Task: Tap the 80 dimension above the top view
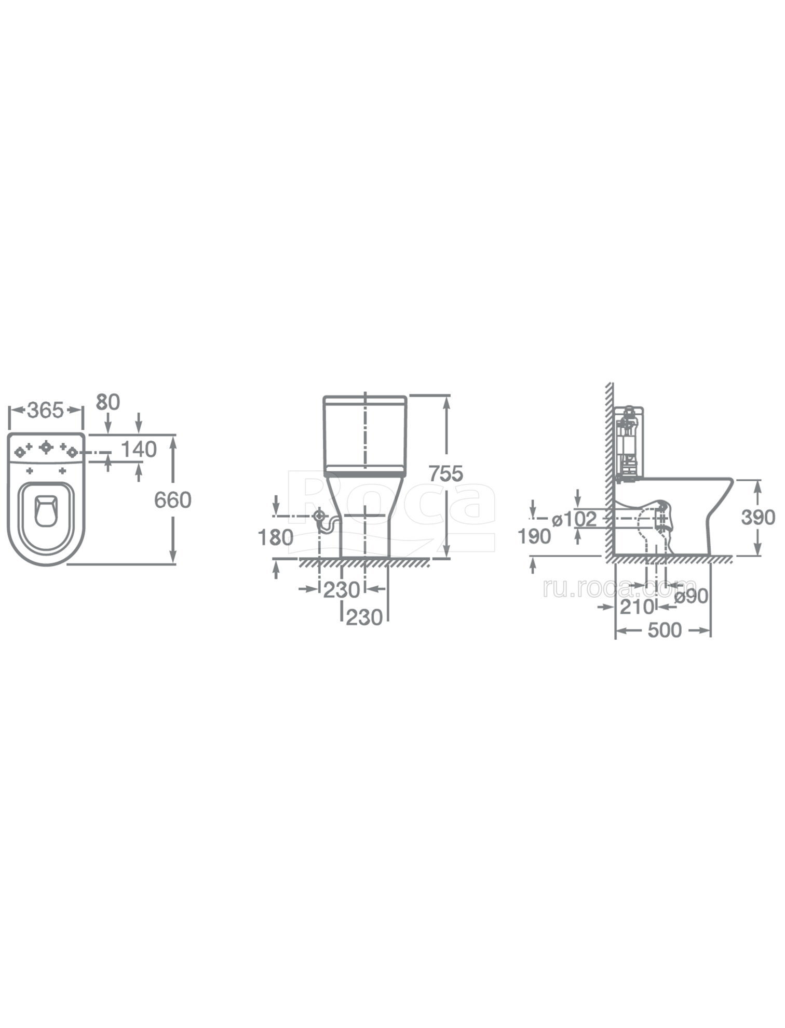coord(108,402)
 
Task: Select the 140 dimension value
coord(139,449)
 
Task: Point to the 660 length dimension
coord(173,500)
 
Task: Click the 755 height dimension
coord(445,473)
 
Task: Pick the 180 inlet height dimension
coord(276,537)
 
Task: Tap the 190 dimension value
coord(534,536)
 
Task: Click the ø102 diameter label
coord(574,519)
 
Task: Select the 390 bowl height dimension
coord(758,518)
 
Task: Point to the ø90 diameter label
coord(691,596)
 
